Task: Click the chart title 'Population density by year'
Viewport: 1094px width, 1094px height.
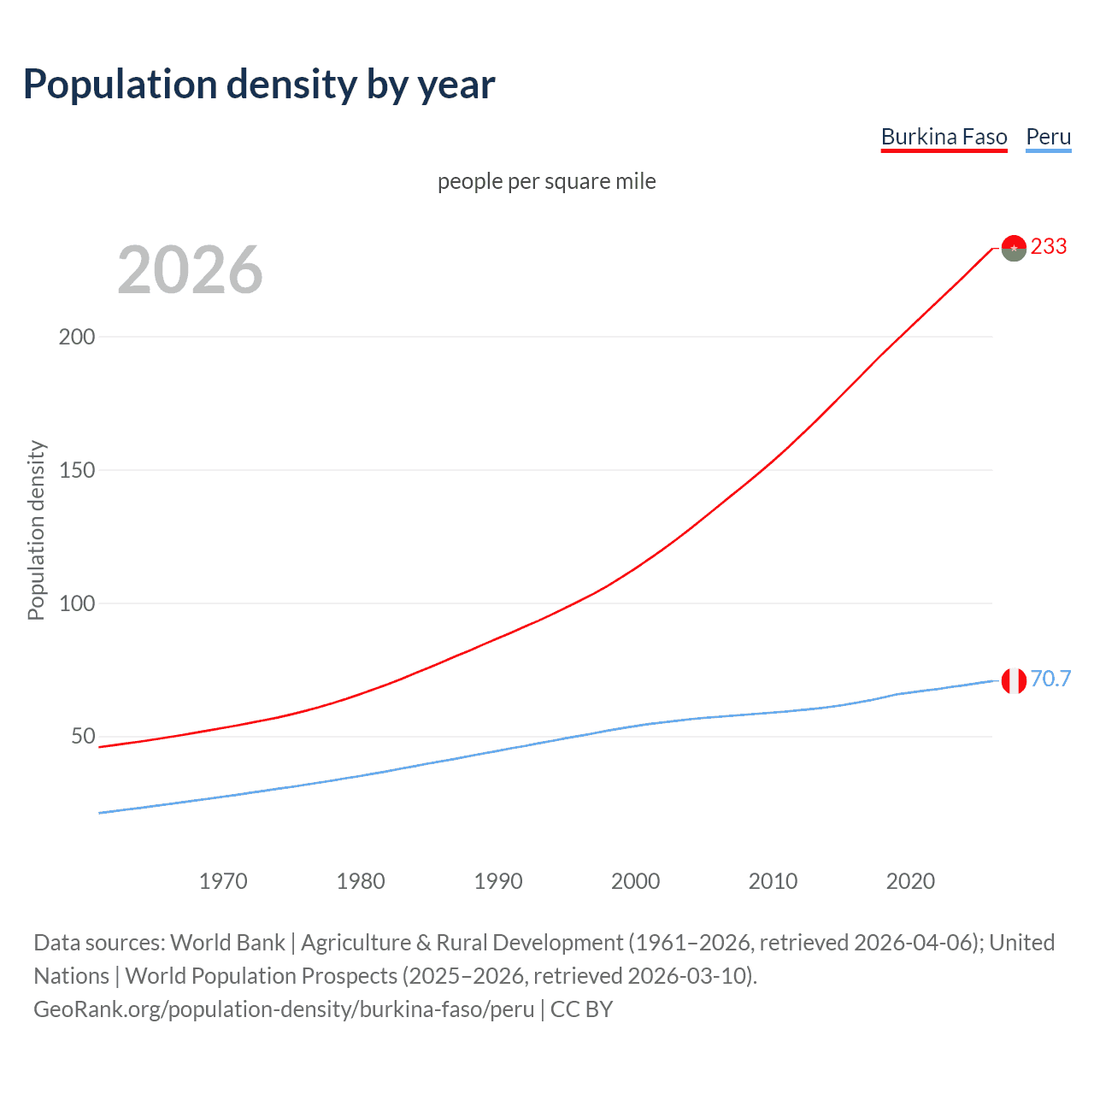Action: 259,85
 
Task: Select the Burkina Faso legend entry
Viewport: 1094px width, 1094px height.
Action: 944,137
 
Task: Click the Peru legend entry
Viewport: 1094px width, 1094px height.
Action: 1048,137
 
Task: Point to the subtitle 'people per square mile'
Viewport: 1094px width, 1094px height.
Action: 547,181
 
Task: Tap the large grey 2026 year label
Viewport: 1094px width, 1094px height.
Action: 190,270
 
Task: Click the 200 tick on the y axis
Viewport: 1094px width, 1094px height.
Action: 77,337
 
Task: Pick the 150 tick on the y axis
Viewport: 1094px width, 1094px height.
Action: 77,470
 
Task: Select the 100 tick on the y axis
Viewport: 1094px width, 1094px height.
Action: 77,603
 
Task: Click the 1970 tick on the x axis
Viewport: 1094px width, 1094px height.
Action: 223,881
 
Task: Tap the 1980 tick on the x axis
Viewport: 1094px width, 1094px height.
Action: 361,881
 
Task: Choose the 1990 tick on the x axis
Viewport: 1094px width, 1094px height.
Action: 498,881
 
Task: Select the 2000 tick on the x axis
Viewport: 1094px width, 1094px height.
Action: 636,881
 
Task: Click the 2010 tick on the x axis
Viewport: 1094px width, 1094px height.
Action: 773,881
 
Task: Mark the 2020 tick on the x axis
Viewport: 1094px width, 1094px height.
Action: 910,881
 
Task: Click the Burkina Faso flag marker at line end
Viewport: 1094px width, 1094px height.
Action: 1014,248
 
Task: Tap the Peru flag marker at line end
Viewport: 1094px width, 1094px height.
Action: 1014,681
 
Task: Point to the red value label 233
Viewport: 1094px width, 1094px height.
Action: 1049,247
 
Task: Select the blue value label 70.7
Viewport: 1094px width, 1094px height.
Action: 1050,679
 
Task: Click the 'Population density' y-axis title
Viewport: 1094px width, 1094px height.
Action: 36,530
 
